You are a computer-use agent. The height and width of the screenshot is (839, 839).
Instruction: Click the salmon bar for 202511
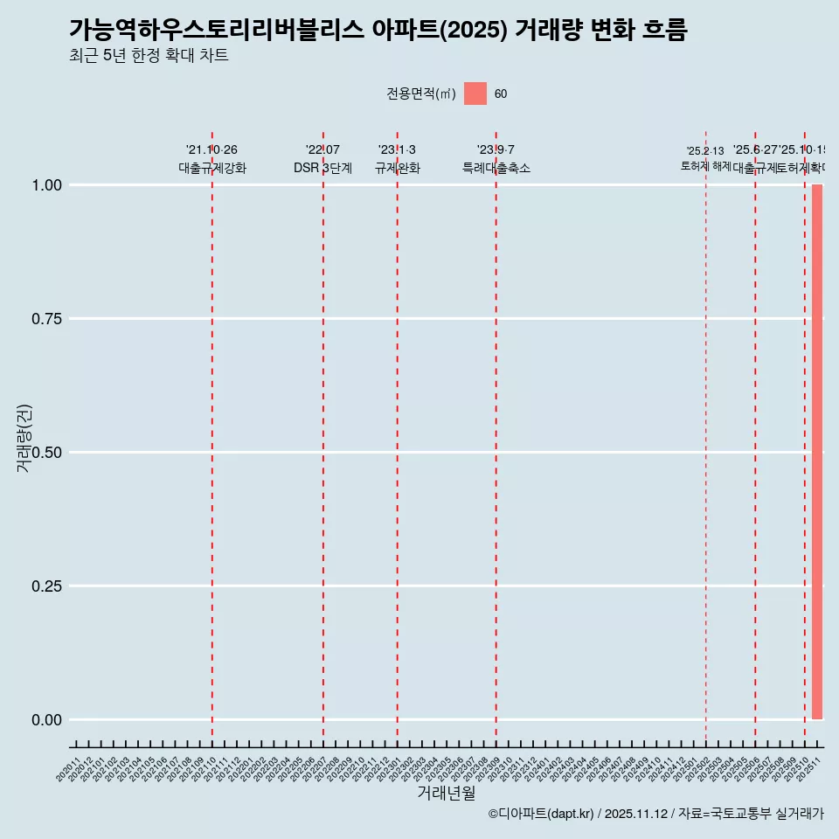tap(817, 452)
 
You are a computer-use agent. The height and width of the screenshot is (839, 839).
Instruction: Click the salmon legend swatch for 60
tap(475, 94)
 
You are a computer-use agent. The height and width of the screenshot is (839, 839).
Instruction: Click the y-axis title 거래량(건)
tap(24, 438)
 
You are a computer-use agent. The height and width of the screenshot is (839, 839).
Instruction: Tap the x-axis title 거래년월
tap(446, 793)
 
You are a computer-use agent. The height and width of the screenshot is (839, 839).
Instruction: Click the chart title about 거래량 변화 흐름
tap(378, 30)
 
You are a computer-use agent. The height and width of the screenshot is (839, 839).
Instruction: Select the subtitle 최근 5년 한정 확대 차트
tap(149, 56)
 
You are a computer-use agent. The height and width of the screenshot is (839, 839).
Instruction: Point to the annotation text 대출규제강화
tap(212, 168)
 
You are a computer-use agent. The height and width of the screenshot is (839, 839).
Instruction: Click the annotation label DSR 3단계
tap(322, 168)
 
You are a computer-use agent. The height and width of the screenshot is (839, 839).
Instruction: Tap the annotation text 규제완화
tap(397, 168)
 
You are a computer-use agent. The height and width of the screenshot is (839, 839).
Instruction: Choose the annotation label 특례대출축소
tap(496, 168)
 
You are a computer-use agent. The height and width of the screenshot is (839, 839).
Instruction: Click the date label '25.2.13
tap(705, 151)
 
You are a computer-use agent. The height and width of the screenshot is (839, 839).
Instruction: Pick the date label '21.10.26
tap(211, 150)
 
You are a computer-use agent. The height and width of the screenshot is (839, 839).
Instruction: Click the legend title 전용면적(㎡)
tap(421, 94)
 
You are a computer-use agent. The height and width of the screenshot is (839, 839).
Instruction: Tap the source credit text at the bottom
tap(655, 814)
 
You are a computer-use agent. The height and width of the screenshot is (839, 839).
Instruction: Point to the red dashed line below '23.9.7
tap(496, 437)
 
